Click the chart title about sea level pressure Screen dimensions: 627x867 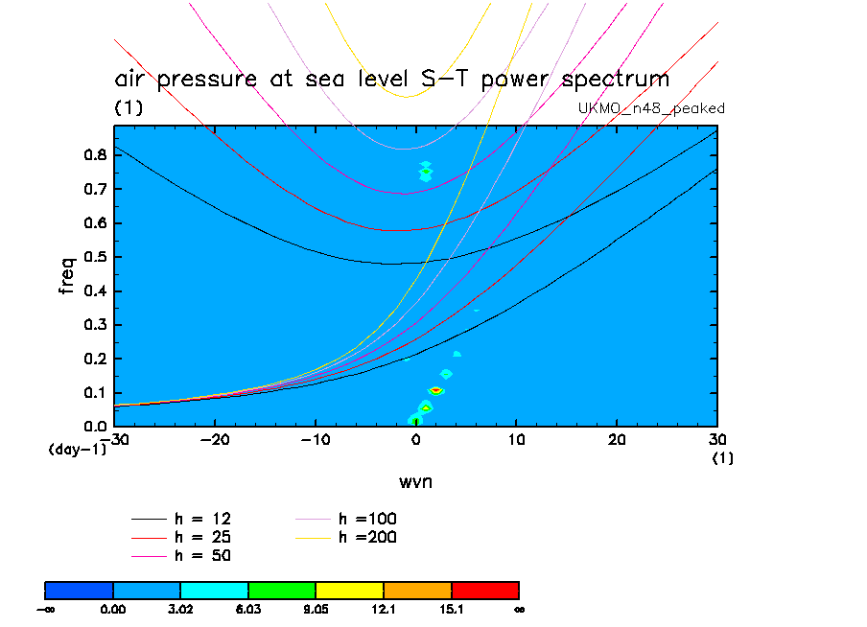pyautogui.click(x=391, y=79)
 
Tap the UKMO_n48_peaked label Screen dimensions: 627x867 pyautogui.click(x=651, y=108)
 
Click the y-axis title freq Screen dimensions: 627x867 pyautogui.click(x=68, y=275)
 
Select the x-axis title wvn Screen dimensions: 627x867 pyautogui.click(x=415, y=479)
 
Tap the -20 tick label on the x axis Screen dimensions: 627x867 pyautogui.click(x=215, y=439)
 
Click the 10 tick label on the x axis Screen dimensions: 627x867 pyautogui.click(x=516, y=439)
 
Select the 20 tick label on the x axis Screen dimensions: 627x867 pyautogui.click(x=617, y=439)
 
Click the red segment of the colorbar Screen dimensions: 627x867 pyautogui.click(x=484, y=590)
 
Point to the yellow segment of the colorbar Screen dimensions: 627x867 pyautogui.click(x=349, y=590)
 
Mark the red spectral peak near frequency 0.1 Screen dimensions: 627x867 pyautogui.click(x=435, y=390)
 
